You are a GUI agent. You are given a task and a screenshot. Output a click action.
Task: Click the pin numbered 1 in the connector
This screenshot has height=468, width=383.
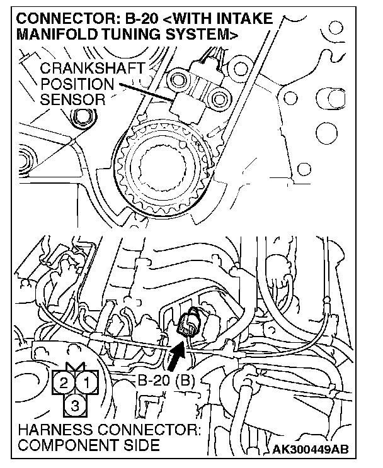tap(87, 381)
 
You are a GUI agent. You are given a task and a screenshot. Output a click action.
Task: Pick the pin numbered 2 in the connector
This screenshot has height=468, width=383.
tap(64, 381)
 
